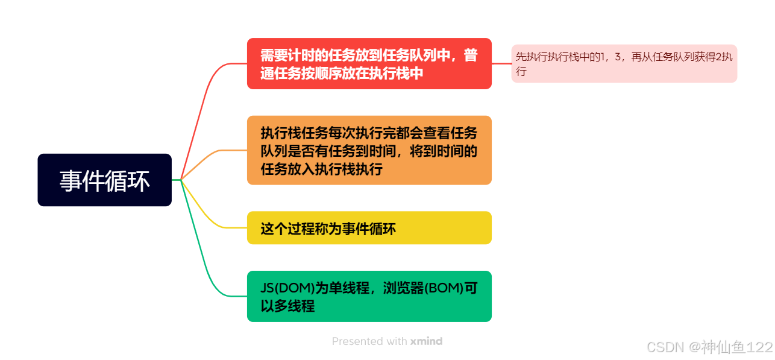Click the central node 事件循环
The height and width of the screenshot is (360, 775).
click(x=104, y=180)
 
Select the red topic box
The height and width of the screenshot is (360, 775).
click(x=369, y=64)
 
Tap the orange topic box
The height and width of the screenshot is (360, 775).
click(x=369, y=150)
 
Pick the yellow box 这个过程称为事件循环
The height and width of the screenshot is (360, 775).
click(x=369, y=228)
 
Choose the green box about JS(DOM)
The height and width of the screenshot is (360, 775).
click(x=369, y=296)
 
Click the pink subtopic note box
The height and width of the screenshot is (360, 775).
click(x=624, y=64)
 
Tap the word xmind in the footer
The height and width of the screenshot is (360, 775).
click(x=426, y=341)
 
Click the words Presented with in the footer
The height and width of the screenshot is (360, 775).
click(x=369, y=341)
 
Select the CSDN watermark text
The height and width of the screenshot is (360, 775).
click(x=666, y=347)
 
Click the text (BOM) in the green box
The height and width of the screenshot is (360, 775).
click(x=443, y=288)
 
